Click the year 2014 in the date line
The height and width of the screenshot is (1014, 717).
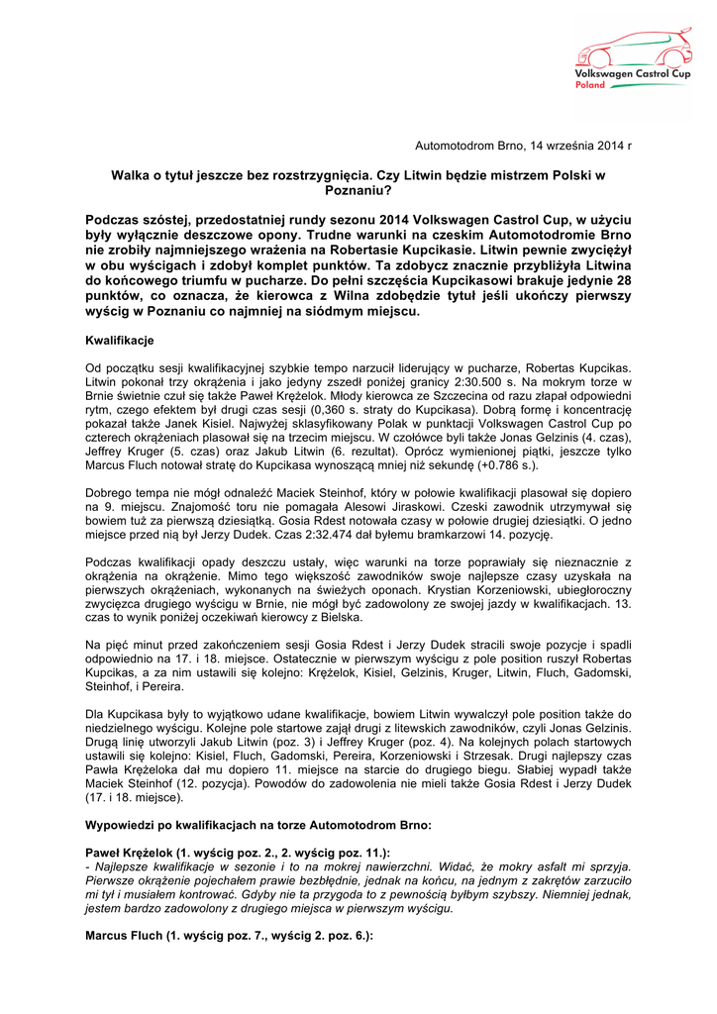click(607, 146)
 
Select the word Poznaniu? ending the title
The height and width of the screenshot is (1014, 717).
click(358, 190)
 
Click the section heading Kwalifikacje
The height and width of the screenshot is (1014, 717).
click(119, 341)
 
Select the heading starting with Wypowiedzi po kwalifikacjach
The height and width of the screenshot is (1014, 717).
click(258, 824)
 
